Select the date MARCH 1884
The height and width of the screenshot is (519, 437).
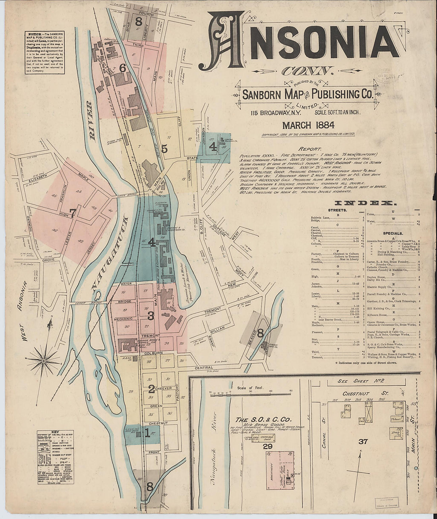coord(308,125)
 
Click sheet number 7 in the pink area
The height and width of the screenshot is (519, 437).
coord(73,214)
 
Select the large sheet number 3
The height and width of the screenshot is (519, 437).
coord(151,316)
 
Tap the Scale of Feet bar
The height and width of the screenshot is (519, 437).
coord(250,394)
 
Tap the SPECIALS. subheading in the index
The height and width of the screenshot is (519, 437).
coord(393,233)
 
